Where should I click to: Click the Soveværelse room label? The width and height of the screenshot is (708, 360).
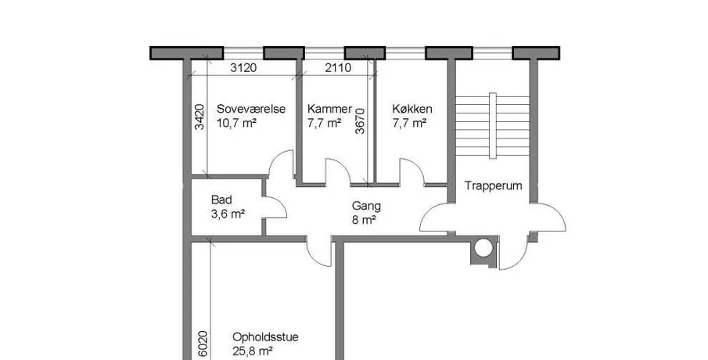tap(250, 109)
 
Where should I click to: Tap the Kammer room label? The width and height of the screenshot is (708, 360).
tap(329, 109)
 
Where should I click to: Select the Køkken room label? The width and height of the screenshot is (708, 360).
tap(412, 109)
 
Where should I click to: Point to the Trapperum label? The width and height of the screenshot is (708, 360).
tap(493, 185)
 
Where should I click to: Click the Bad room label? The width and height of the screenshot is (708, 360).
tap(221, 200)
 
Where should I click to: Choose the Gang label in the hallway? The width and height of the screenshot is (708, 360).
tap(366, 207)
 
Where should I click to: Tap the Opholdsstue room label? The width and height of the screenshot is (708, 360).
tap(265, 337)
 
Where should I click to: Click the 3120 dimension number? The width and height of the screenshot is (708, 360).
tap(243, 68)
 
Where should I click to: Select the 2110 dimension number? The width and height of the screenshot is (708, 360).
tap(338, 68)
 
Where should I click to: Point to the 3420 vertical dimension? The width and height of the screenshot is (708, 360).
tap(199, 117)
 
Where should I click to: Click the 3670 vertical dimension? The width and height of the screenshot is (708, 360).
tap(360, 121)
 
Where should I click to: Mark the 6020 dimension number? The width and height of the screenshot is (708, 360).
tap(203, 344)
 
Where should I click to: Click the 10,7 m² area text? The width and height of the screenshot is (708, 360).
tap(236, 123)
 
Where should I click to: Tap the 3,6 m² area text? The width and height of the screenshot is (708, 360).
tap(228, 214)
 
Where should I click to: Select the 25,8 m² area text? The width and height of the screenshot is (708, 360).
tap(253, 351)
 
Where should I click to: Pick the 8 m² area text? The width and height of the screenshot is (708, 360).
tap(364, 220)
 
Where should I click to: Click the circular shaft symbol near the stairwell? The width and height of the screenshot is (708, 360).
tap(483, 248)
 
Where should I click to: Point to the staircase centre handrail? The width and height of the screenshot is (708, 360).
tap(493, 125)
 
